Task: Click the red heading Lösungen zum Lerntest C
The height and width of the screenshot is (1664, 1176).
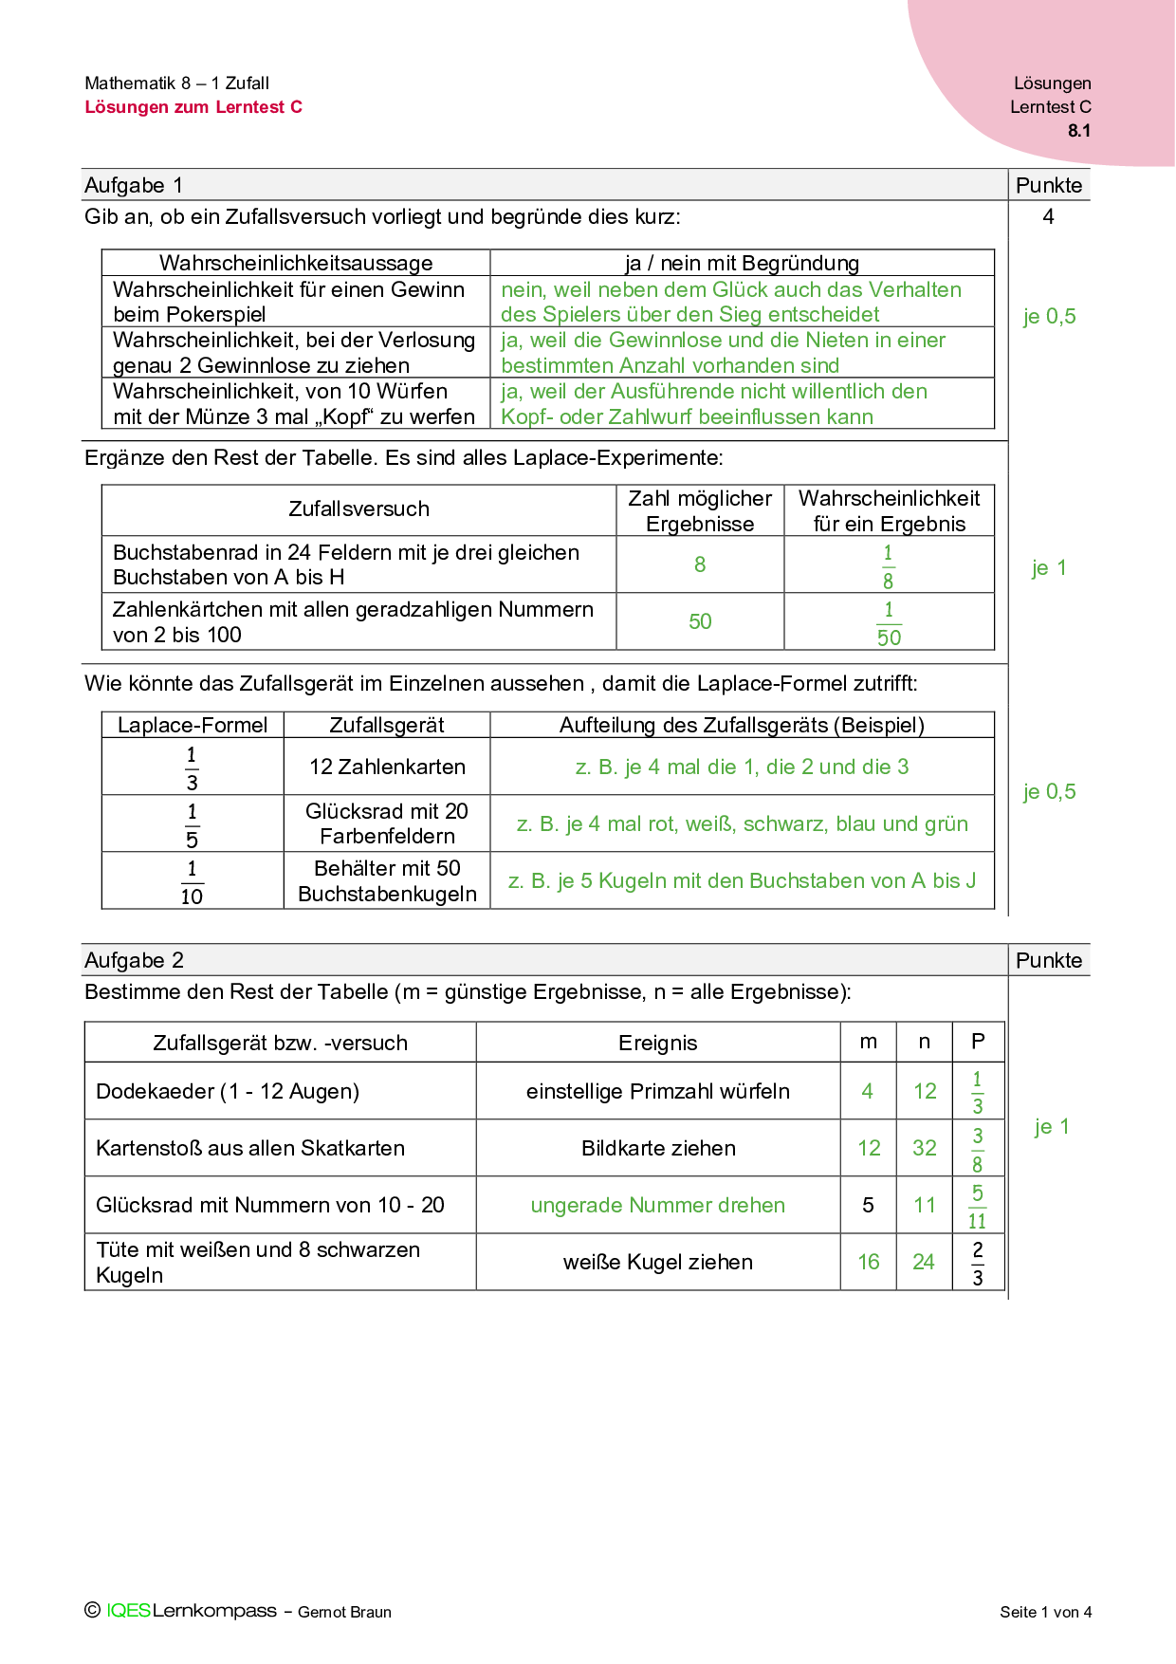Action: coord(193,107)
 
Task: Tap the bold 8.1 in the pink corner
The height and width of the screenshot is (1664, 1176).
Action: coord(1078,131)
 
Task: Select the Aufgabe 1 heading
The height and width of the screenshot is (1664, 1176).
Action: coord(134,185)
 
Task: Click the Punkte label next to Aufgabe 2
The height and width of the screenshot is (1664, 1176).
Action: coord(1048,960)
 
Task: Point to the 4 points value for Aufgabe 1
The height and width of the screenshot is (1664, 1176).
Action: coord(1048,216)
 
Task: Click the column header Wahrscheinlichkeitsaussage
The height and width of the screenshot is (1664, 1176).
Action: coord(296,263)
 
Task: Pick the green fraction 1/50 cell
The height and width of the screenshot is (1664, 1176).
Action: coord(889,623)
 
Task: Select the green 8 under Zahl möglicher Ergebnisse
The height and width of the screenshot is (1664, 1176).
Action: coord(700,564)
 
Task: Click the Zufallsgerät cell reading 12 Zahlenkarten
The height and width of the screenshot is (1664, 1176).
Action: coord(387,767)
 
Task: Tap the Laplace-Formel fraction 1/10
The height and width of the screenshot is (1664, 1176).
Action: coord(192,881)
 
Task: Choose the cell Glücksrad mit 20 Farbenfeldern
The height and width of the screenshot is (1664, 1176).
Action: coord(387,823)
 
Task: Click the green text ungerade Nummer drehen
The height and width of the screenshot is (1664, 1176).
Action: coord(657,1205)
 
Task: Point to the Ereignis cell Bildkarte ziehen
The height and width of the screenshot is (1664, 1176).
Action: coord(658,1148)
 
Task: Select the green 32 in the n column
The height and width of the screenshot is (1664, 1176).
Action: coord(925,1148)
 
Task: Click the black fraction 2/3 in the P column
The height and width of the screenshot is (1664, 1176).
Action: coord(978,1263)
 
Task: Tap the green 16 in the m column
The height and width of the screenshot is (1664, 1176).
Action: coord(869,1262)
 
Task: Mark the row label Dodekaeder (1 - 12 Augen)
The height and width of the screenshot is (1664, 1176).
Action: coord(228,1091)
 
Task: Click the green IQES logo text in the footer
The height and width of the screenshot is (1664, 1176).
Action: coord(128,1610)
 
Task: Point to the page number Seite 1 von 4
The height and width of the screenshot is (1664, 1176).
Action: coord(1045,1612)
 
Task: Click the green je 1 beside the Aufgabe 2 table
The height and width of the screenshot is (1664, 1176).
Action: coord(1052,1126)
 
